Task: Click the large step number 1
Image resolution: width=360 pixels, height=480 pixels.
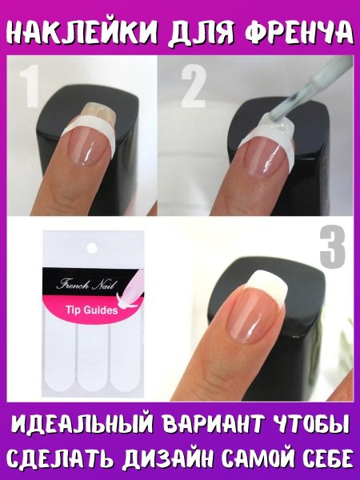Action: pos(30,86)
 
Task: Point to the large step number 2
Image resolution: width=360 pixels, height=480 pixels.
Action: pos(193,86)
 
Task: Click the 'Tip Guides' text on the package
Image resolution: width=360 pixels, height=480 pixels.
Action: pos(91,310)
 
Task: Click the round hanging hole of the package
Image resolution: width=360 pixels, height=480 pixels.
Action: pos(91,248)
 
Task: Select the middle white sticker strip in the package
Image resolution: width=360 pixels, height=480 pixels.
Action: pos(93,358)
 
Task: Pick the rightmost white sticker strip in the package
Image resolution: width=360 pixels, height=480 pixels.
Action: pos(126,355)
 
